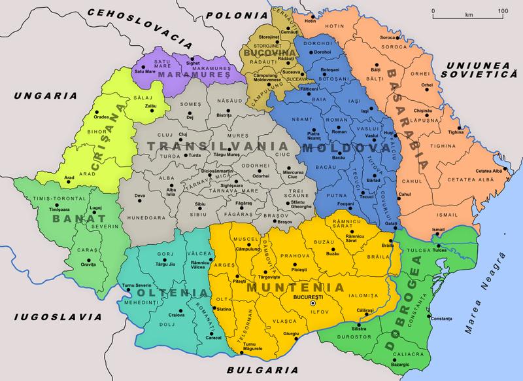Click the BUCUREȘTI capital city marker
pyautogui.click(x=312, y=303)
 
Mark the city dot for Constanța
pyautogui.click(x=432, y=319)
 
